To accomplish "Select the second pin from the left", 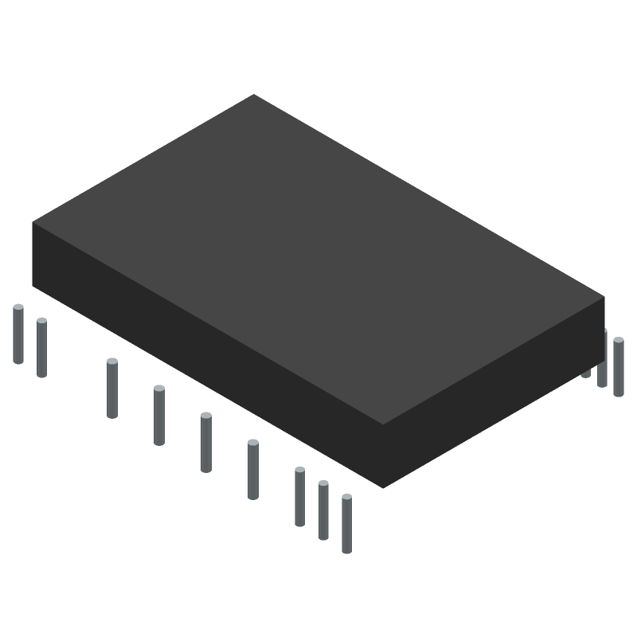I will (x=41, y=348).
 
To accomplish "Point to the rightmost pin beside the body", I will (x=618, y=366).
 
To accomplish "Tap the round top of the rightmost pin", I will (x=618, y=341).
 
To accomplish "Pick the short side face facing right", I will (x=494, y=390).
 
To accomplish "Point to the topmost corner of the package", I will (x=254, y=95).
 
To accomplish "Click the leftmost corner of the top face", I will (x=33, y=223).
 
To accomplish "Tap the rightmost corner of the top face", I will (x=604, y=297).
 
